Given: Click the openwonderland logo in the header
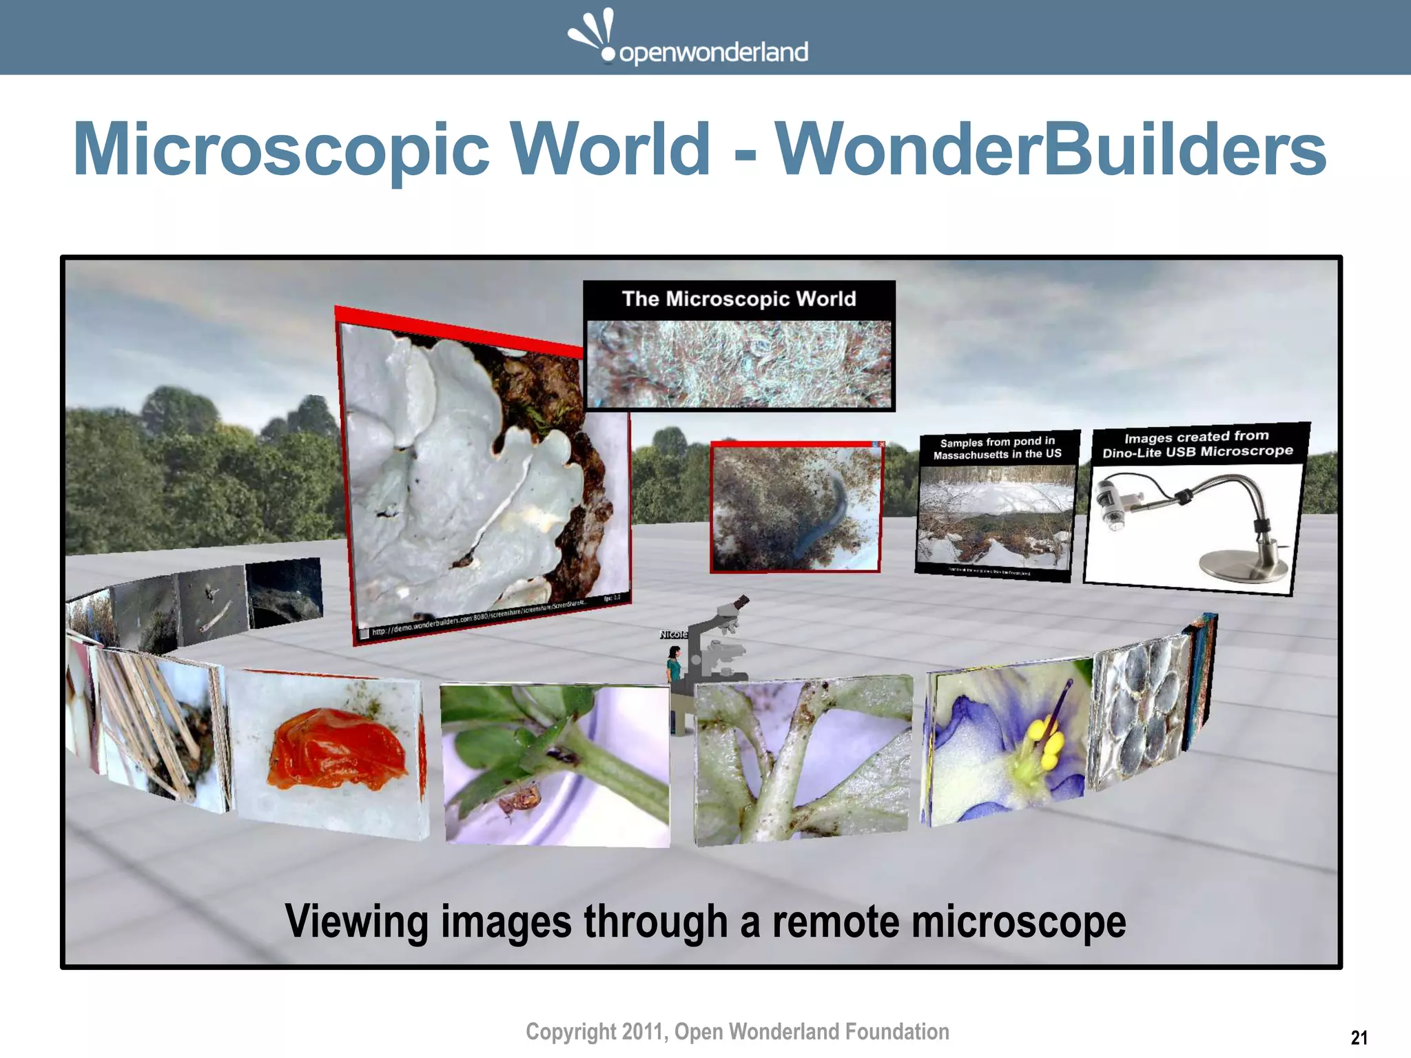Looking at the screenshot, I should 688,39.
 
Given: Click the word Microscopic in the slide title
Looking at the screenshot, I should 281,149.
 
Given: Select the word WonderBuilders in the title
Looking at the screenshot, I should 1050,149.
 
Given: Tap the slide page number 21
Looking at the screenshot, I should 1359,1037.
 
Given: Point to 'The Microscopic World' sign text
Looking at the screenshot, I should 739,299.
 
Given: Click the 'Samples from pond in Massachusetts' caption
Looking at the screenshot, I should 997,448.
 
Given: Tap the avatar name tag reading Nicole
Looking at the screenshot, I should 673,634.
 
